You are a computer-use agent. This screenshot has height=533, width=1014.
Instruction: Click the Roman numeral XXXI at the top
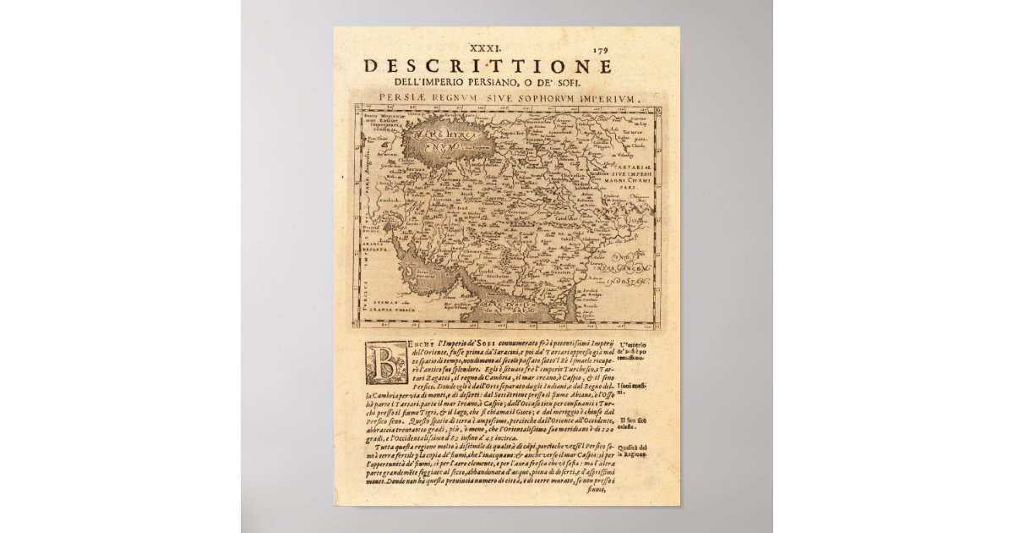pos(499,50)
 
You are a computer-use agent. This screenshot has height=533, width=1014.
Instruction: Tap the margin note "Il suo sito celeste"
pos(633,423)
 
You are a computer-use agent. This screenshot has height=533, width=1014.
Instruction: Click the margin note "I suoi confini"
pos(633,388)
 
